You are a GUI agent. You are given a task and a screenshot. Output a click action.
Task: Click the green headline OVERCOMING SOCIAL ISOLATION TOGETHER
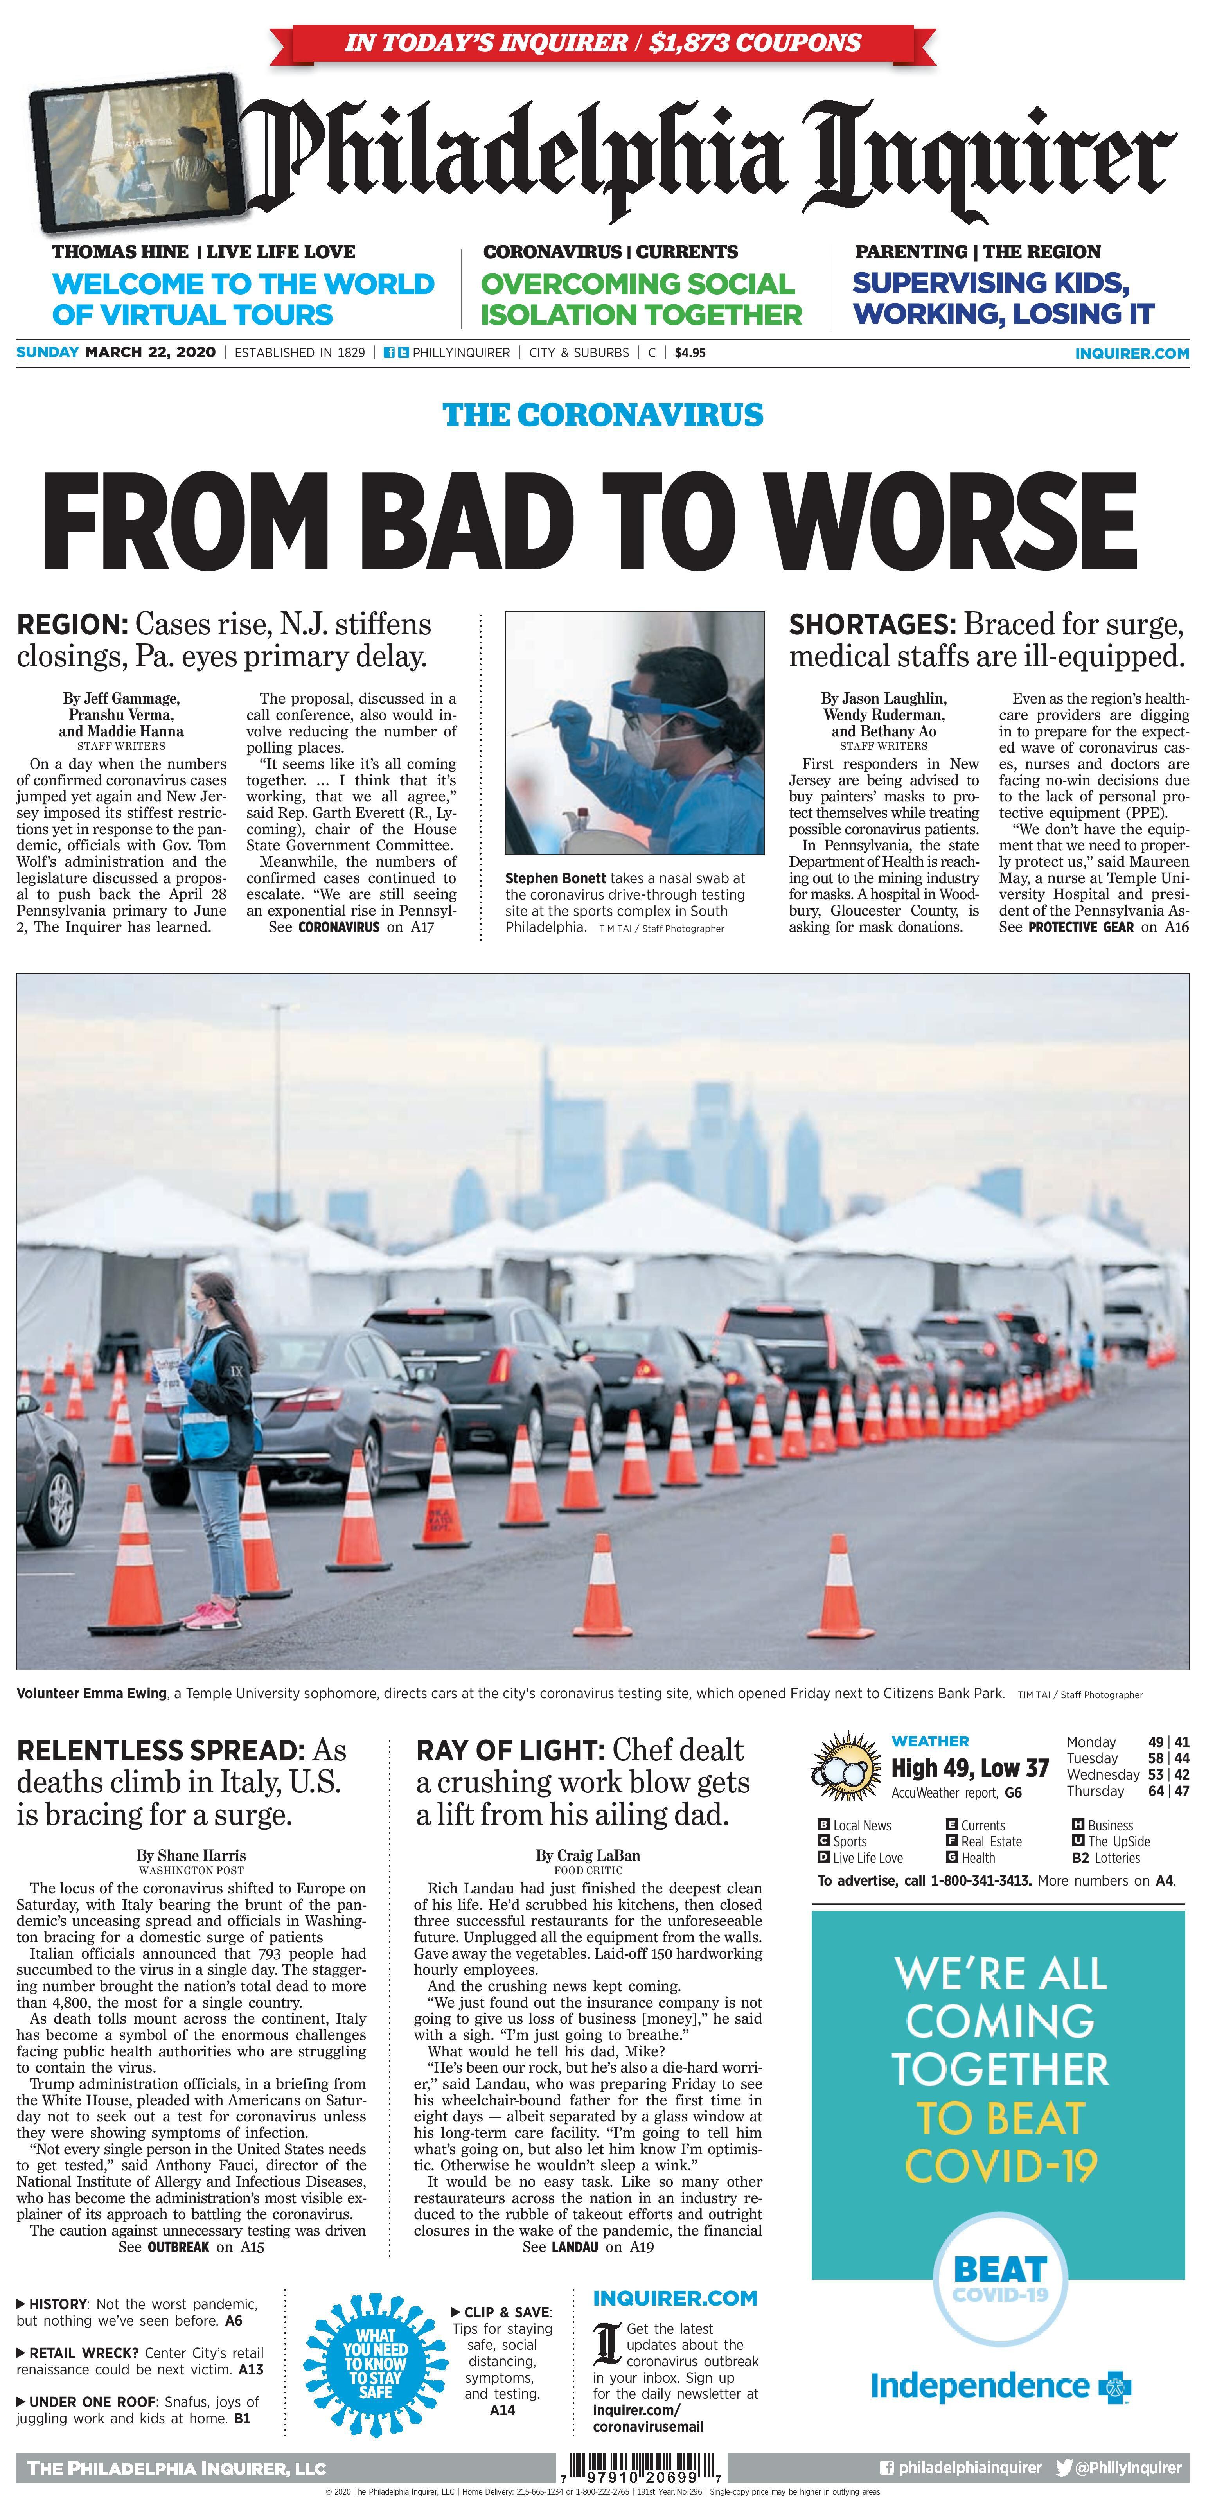(641, 299)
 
